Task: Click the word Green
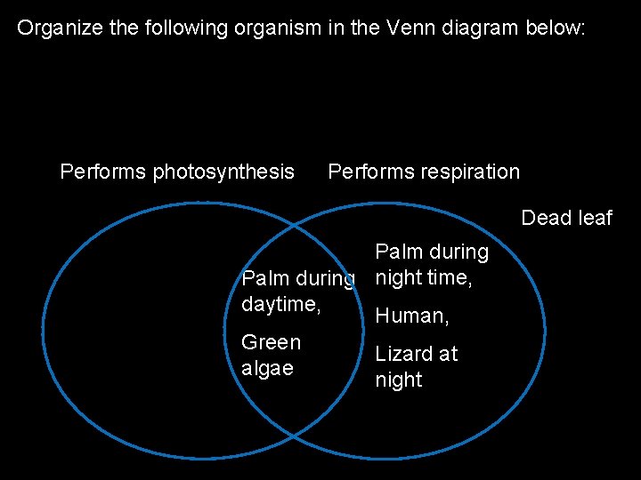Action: [271, 342]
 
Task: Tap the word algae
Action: [267, 369]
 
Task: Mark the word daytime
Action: [280, 305]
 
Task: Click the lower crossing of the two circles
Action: [293, 436]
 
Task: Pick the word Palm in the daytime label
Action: [265, 279]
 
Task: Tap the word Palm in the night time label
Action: [398, 252]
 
